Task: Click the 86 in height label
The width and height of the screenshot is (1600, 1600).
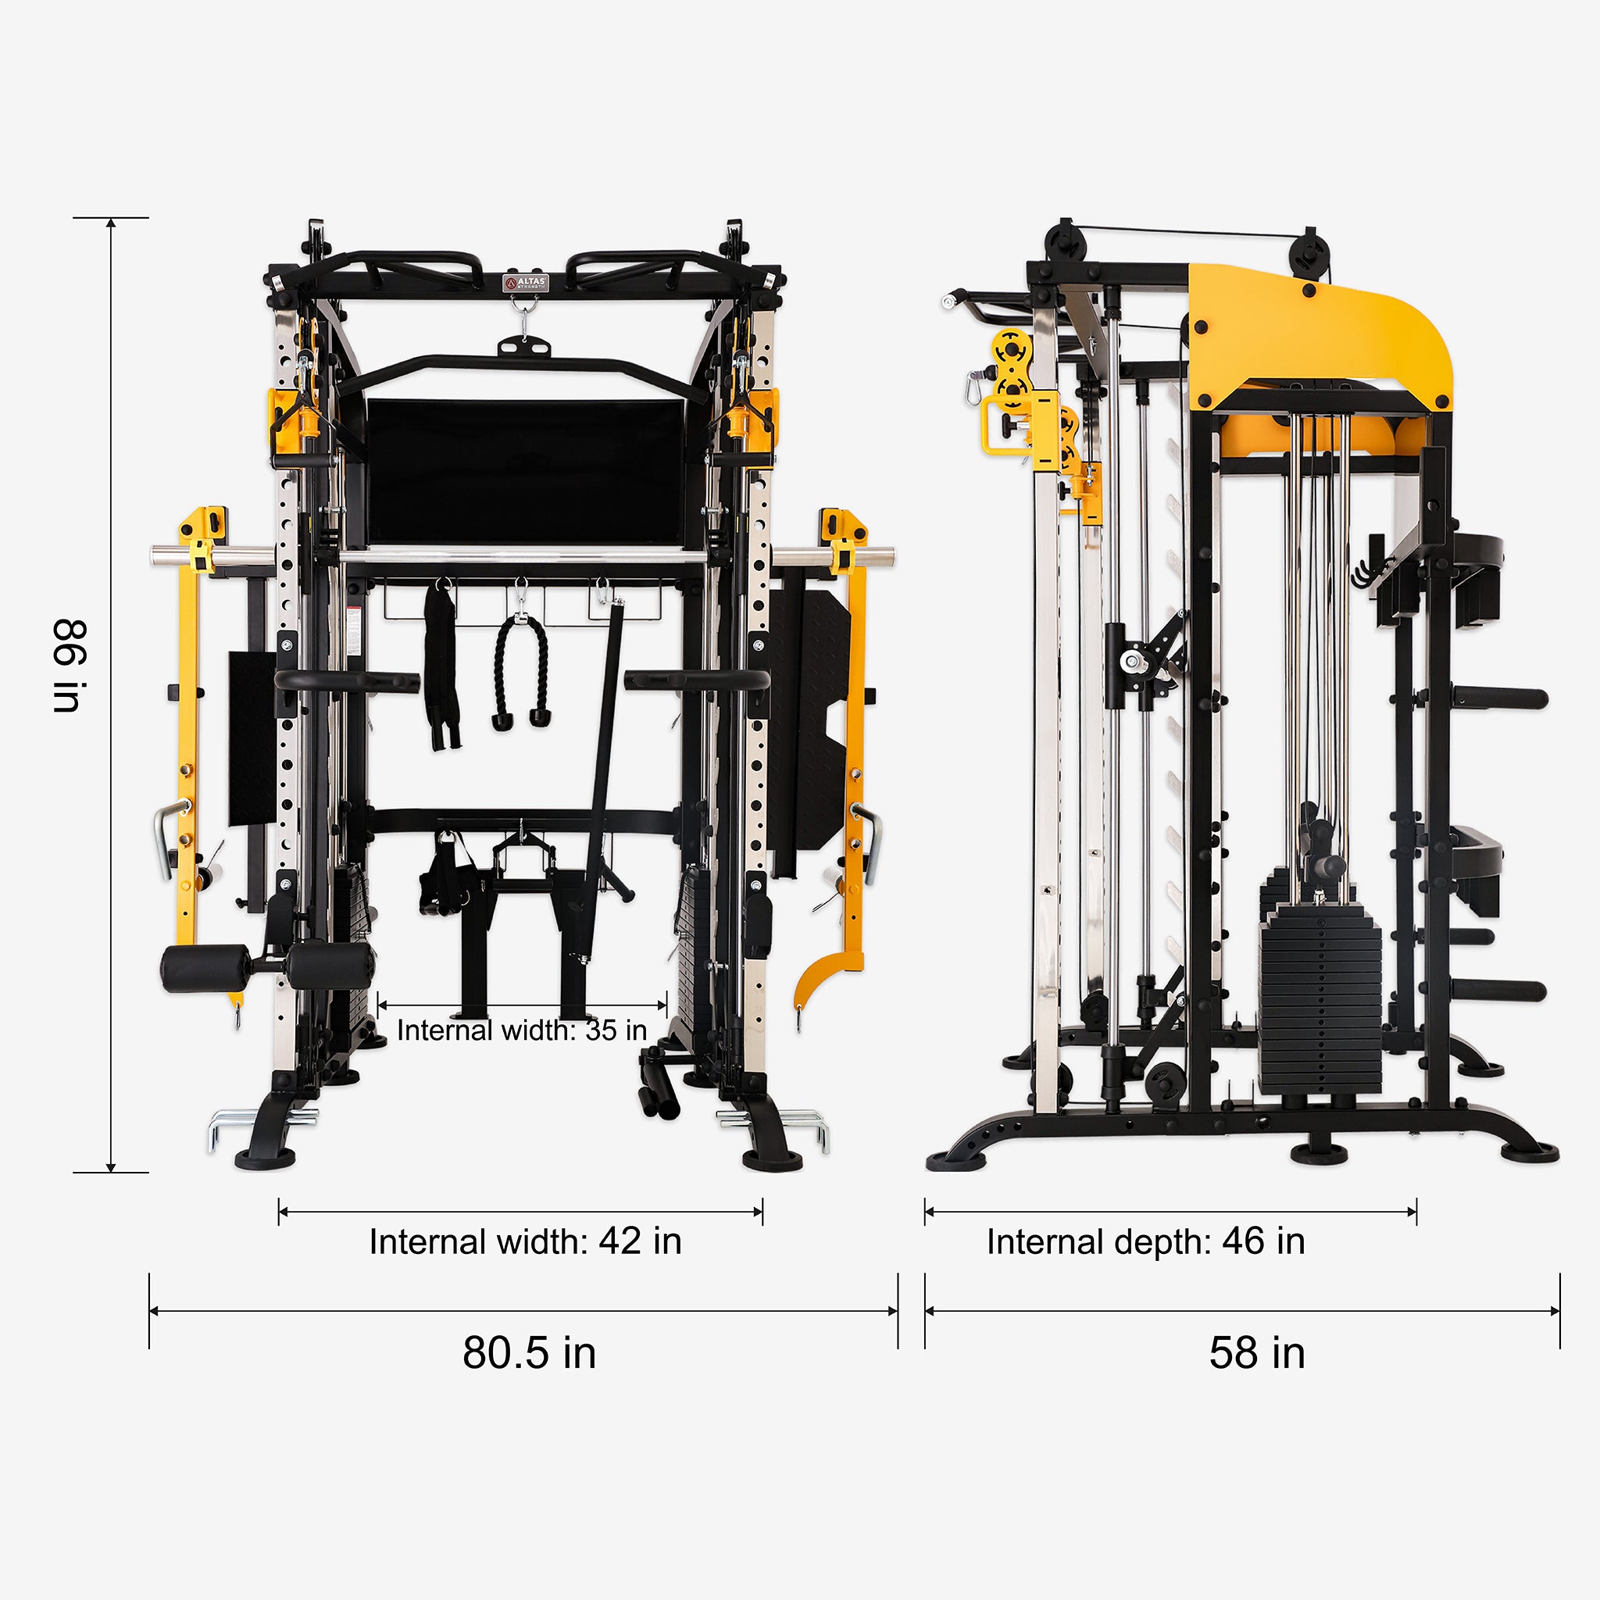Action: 69,665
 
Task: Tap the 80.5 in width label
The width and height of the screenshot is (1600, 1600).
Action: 529,1353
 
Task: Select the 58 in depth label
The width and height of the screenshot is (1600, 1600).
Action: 1256,1353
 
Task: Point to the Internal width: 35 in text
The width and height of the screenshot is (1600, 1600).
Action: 522,1030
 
